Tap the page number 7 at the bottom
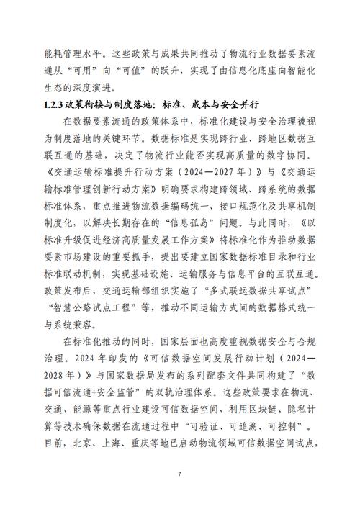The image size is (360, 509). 179,475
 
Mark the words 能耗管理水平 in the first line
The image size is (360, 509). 81,50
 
